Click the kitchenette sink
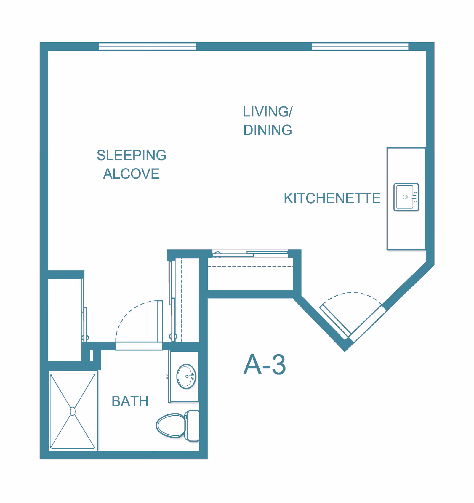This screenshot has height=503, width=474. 406,197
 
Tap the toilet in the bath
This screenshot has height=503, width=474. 178,426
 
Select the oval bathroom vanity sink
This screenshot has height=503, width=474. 186,376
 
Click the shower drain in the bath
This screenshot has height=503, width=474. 73,411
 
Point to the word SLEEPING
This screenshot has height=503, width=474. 132,155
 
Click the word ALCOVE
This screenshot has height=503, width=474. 131,174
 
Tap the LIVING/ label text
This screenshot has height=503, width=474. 268,112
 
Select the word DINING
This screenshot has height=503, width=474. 268,130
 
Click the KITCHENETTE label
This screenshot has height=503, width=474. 332,198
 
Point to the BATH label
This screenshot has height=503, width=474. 130,401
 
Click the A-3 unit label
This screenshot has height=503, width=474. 265,365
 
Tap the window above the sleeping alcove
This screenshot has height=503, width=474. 147,47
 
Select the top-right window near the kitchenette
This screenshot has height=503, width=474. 360,47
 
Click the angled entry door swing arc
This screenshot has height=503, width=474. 351,293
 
